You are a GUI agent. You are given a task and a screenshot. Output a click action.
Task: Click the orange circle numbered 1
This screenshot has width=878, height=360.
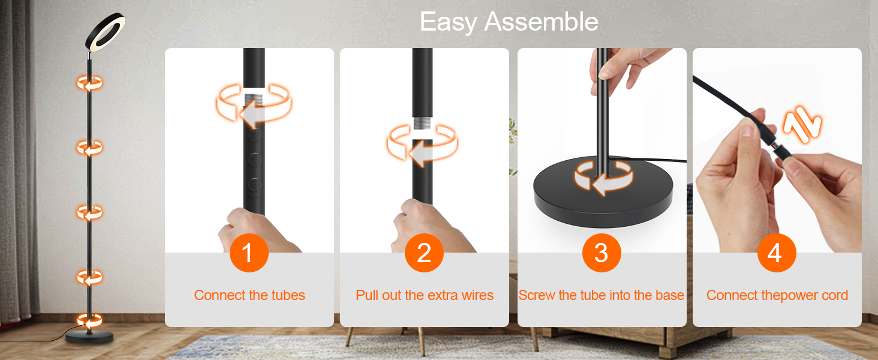click(x=249, y=253)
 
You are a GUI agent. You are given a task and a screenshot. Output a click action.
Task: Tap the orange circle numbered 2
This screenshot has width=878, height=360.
click(x=424, y=253)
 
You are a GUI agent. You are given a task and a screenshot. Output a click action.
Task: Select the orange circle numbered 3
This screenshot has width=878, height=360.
click(x=602, y=253)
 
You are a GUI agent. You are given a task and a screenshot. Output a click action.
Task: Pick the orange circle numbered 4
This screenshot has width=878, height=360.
click(x=777, y=253)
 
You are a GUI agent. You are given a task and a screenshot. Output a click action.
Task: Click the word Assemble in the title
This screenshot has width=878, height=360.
click(x=542, y=22)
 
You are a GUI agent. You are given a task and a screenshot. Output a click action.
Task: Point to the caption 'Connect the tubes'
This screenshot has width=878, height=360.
click(x=249, y=295)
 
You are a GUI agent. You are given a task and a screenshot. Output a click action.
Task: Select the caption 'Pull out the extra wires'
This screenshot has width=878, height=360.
click(x=425, y=295)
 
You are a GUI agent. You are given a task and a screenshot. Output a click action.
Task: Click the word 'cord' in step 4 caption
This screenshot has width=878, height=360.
click(x=835, y=295)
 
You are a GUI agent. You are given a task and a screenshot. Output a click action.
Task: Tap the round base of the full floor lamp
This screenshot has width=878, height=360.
click(x=89, y=337)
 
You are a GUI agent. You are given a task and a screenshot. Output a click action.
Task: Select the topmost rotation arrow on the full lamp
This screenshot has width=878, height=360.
click(x=89, y=83)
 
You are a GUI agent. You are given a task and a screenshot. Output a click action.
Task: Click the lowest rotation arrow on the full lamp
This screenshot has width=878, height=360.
click(x=89, y=321)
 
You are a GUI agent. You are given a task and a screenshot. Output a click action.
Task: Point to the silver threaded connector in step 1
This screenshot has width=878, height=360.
click(x=254, y=100)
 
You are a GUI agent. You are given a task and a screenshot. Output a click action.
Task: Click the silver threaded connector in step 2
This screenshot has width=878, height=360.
click(x=423, y=122)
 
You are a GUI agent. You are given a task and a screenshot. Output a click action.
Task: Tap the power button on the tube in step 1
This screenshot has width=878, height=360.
click(x=255, y=135)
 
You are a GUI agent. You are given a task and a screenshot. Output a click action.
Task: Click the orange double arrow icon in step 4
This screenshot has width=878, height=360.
click(x=802, y=125)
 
